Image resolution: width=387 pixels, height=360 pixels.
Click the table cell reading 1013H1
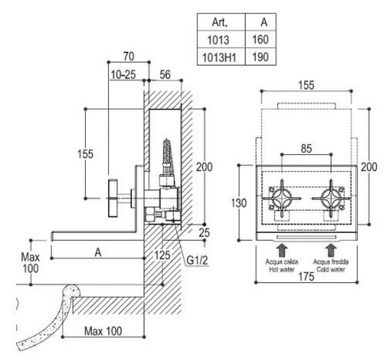[219, 58]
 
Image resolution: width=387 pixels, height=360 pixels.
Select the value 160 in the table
[261, 40]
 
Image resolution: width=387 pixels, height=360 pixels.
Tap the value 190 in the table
[261, 58]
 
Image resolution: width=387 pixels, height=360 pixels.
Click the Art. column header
[220, 22]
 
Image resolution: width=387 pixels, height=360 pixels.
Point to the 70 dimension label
[129, 56]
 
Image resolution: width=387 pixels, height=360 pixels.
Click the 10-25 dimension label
[123, 74]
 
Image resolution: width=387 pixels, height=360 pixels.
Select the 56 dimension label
[165, 74]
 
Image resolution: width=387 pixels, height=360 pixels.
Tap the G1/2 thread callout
[197, 260]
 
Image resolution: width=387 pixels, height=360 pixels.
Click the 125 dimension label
[162, 255]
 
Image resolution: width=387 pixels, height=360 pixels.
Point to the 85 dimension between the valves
[306, 149]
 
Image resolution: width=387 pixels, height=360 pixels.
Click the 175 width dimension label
[306, 276]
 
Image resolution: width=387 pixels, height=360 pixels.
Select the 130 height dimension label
[239, 204]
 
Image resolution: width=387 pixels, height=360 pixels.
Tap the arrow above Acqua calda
[282, 250]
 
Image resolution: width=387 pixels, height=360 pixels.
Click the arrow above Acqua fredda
[330, 250]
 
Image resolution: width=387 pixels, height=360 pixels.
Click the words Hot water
[282, 269]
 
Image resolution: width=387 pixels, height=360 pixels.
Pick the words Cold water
[331, 269]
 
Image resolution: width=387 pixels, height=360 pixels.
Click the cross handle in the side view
[113, 199]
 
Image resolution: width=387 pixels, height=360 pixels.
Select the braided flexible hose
[167, 152]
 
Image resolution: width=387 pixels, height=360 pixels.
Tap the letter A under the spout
[98, 253]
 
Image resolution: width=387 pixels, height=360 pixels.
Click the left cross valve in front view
[282, 198]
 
